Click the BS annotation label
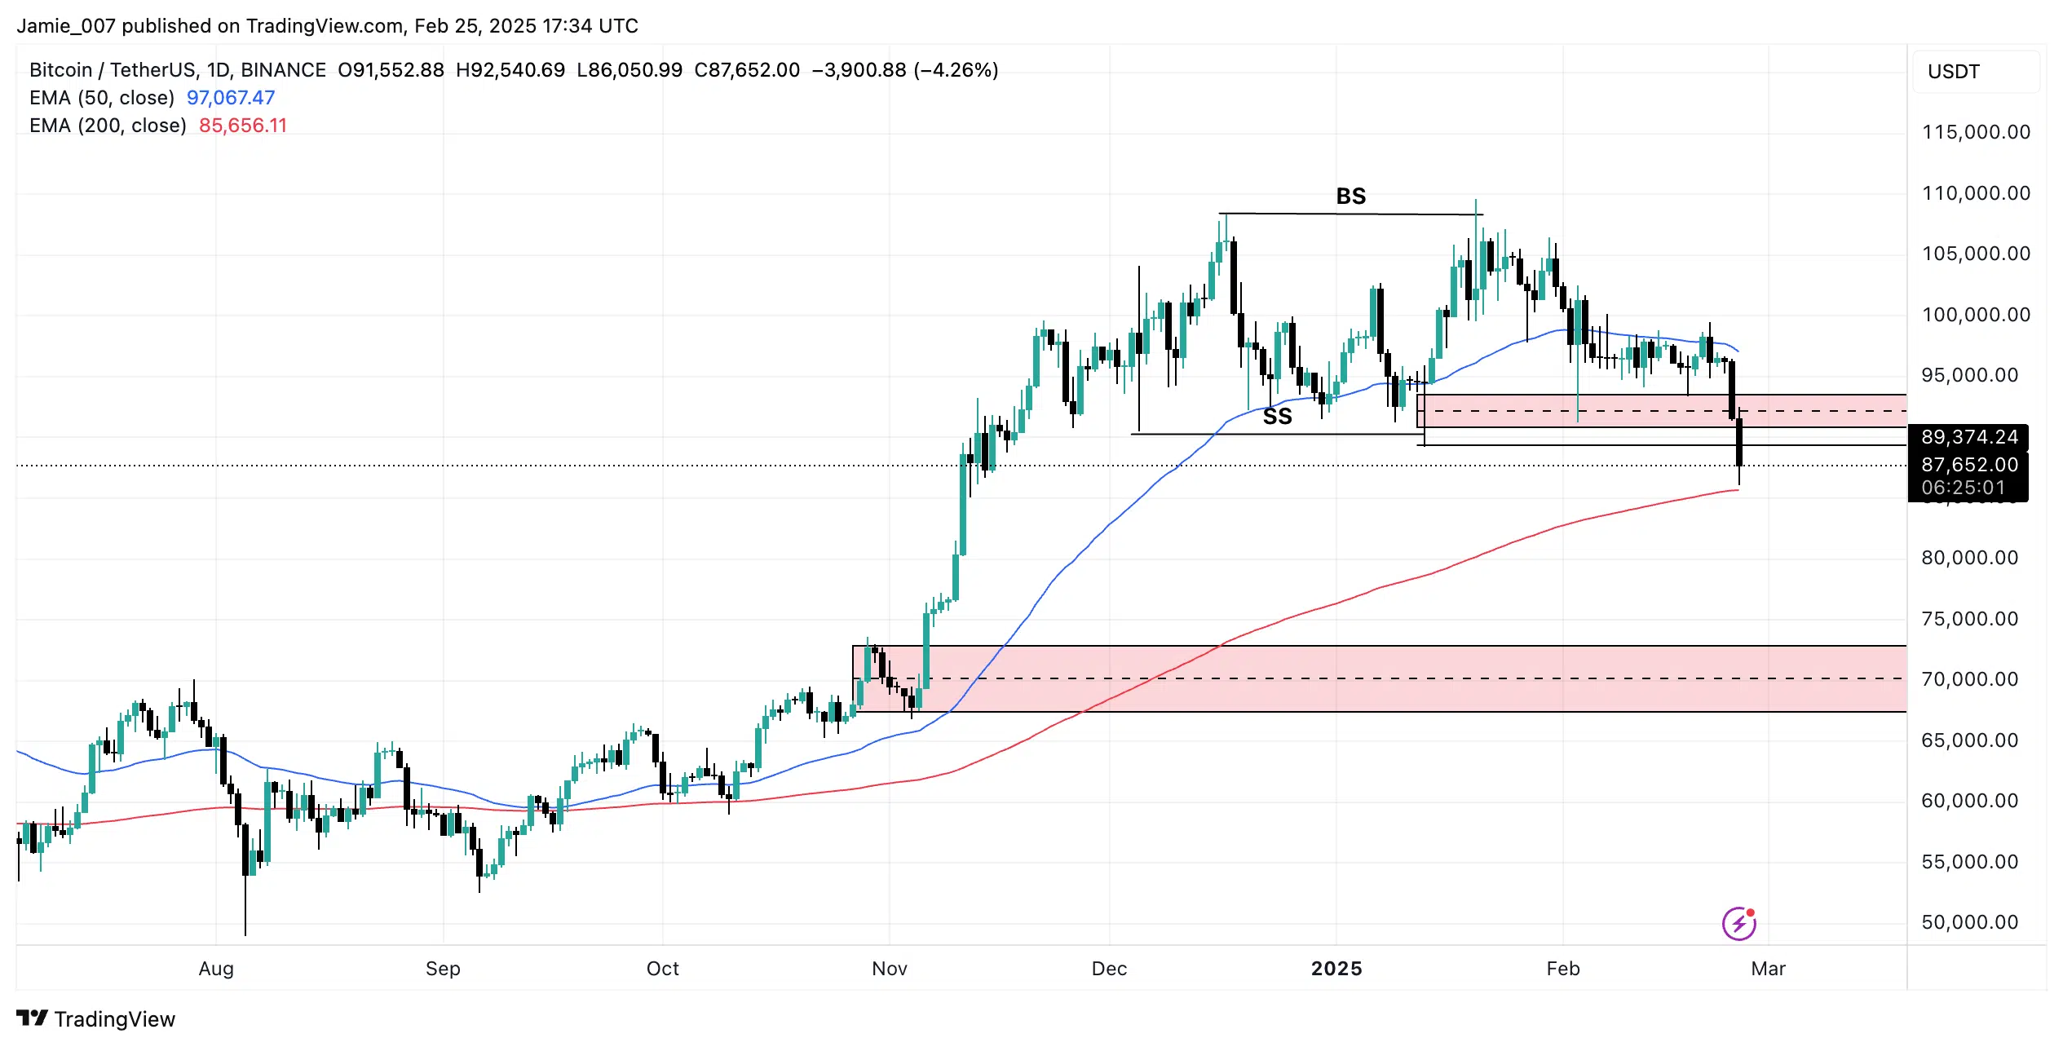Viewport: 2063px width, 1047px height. pos(1350,197)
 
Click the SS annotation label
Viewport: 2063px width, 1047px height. pos(1277,417)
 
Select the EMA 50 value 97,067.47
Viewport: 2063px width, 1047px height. pos(231,98)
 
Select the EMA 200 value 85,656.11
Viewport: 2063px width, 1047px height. pos(243,126)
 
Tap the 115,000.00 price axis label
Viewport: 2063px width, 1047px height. pos(1976,132)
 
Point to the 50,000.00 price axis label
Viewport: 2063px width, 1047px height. pos(1969,922)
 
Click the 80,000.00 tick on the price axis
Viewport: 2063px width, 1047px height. pos(1969,558)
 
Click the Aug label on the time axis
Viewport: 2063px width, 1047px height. pos(216,969)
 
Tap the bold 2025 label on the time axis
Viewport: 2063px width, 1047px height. pos(1336,969)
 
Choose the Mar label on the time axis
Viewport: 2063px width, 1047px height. pos(1768,969)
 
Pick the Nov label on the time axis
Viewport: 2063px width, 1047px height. pos(889,969)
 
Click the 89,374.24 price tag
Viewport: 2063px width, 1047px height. pos(1969,437)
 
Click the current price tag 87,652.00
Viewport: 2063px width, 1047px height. pos(1969,465)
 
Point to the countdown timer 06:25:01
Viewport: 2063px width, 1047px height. pos(1963,488)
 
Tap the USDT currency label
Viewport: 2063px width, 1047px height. pos(1953,72)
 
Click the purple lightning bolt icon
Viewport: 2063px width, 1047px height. pos(1738,924)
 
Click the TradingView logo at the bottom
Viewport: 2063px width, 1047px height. pos(96,1019)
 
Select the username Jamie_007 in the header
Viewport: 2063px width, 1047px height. pos(66,26)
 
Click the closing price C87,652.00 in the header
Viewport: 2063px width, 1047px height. pos(747,70)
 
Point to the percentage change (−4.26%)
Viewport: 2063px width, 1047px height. pos(956,70)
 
